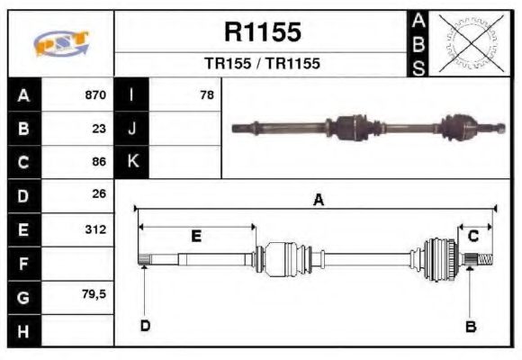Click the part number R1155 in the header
point(262,33)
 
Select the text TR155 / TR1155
point(262,64)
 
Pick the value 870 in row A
point(94,94)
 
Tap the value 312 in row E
point(95,229)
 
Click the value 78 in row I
point(206,94)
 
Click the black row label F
point(23,264)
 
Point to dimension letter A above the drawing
point(318,202)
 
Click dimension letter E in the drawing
point(196,236)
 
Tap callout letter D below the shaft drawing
point(144,326)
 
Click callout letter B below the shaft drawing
point(470,326)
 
